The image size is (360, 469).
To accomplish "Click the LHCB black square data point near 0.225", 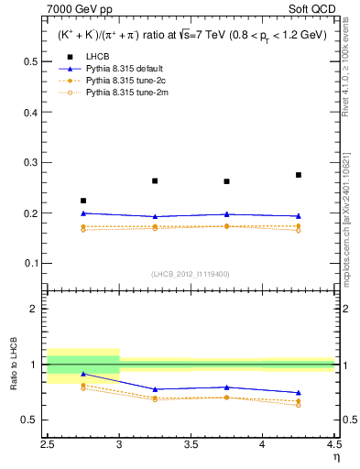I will (x=83, y=201).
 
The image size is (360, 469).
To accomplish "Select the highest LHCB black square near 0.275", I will (x=299, y=175).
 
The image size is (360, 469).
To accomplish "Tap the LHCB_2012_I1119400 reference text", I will (x=191, y=274).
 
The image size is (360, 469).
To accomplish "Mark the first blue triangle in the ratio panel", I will (x=83, y=374).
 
